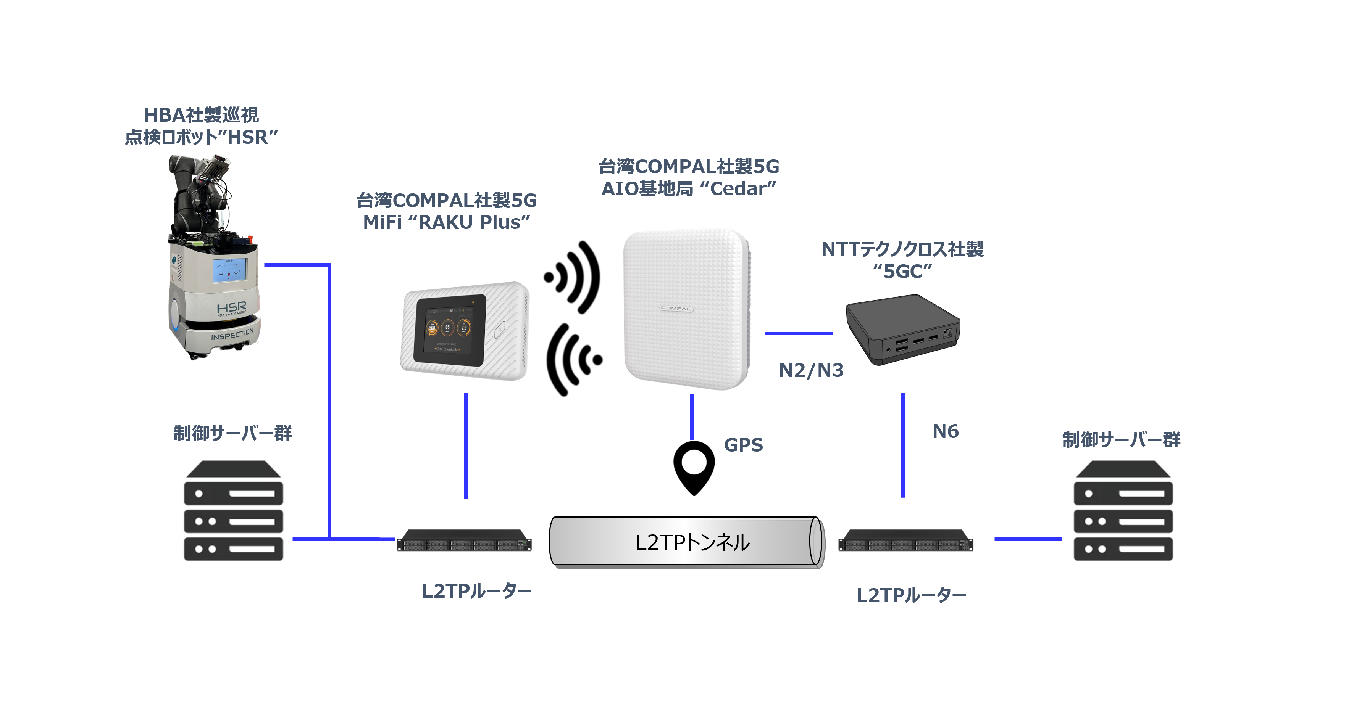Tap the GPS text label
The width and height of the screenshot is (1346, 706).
(x=743, y=445)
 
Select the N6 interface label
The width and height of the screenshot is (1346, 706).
(x=945, y=431)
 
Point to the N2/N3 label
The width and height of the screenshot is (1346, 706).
(x=811, y=370)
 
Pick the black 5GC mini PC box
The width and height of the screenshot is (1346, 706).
(x=902, y=329)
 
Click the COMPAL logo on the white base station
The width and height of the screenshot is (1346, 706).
(x=676, y=308)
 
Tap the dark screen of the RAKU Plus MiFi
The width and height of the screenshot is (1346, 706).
(x=449, y=329)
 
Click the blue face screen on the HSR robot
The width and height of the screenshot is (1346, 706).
(x=229, y=270)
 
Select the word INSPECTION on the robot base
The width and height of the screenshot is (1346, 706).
(x=232, y=334)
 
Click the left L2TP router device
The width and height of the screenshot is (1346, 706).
(x=464, y=540)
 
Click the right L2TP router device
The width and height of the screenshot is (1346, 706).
(x=905, y=540)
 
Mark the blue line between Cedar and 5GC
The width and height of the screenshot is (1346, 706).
(x=799, y=333)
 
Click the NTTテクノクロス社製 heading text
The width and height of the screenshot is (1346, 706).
(x=902, y=249)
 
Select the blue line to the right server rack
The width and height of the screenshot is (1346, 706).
(x=1028, y=539)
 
